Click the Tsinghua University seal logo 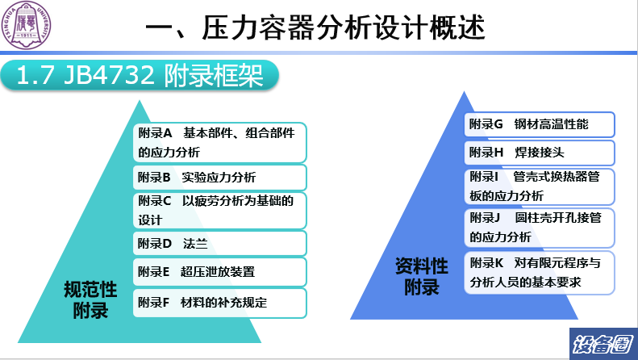coord(27,25)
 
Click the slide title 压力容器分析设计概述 coord(343,27)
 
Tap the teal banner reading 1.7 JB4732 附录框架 coord(140,75)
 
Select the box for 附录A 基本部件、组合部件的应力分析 coord(219,143)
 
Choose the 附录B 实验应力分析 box coord(219,177)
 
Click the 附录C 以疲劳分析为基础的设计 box coord(219,211)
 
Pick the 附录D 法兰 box coord(219,244)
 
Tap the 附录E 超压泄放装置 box coord(219,272)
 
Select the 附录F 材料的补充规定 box coord(219,303)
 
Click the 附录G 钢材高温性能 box coord(539,124)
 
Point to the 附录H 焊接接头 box coord(539,153)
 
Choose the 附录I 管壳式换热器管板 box coord(539,186)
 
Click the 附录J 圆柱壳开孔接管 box coord(539,228)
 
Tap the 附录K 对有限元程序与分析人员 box coord(539,273)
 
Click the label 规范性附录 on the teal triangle coord(90,299)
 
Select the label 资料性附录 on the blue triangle coord(422,277)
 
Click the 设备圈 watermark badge coord(603,344)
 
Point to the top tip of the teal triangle coord(140,101)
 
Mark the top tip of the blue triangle coord(464,92)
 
